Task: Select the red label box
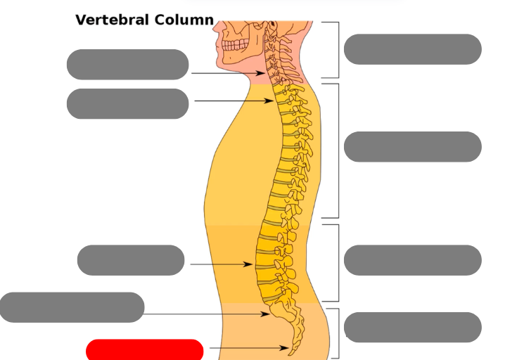click(x=145, y=349)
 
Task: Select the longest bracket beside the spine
click(x=338, y=150)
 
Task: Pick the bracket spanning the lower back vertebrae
click(x=338, y=263)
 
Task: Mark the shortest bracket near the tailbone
click(x=338, y=333)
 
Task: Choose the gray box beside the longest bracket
click(x=412, y=146)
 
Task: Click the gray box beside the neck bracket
click(x=412, y=49)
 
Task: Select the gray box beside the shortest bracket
click(x=412, y=328)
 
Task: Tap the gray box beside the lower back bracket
click(x=412, y=260)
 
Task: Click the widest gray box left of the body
click(x=72, y=307)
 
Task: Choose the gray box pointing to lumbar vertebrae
click(x=131, y=260)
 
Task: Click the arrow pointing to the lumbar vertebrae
click(x=221, y=264)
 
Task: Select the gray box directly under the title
click(x=127, y=65)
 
